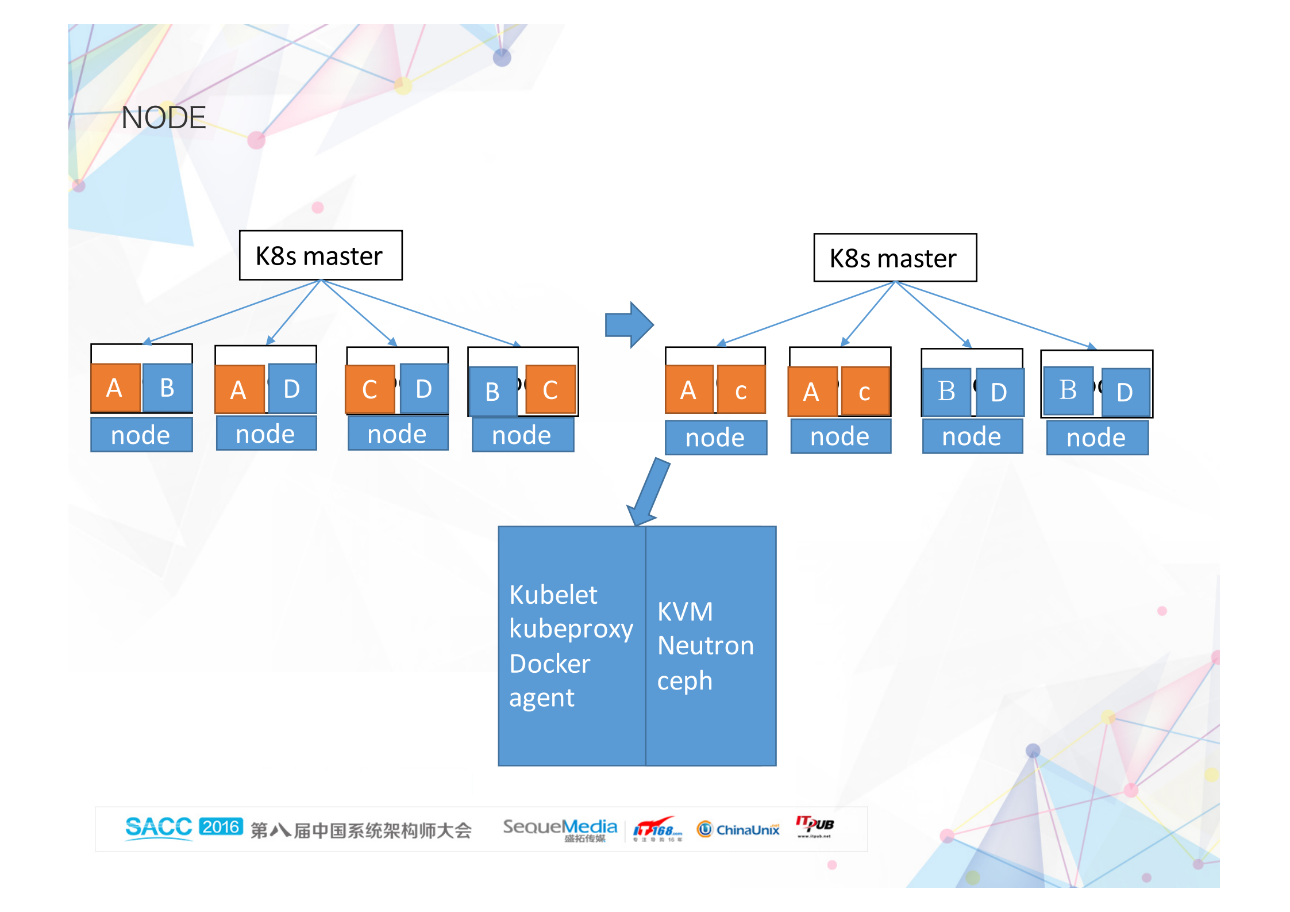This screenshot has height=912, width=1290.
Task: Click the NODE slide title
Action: [x=163, y=117]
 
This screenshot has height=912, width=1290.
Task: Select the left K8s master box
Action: [x=320, y=255]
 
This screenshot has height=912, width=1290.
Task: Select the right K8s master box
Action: [x=895, y=258]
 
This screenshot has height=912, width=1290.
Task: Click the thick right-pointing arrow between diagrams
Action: [x=629, y=325]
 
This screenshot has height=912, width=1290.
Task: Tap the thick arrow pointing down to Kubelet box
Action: [x=649, y=492]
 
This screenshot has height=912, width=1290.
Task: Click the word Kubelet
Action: [x=553, y=595]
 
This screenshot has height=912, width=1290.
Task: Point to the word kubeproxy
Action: [x=571, y=629]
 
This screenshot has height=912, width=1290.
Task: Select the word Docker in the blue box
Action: [x=549, y=664]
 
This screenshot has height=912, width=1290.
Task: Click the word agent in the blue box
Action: [x=541, y=698]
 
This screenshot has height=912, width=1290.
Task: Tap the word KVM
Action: [x=685, y=611]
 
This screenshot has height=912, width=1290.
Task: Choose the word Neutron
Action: [x=705, y=646]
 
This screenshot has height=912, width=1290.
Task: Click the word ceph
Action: [x=684, y=681]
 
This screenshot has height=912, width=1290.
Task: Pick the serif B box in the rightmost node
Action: [x=1068, y=390]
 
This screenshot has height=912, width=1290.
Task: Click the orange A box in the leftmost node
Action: [x=115, y=388]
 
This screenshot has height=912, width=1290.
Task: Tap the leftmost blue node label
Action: [x=141, y=435]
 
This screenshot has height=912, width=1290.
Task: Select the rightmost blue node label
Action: [x=1096, y=438]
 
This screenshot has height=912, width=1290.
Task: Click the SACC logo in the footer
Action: [x=159, y=827]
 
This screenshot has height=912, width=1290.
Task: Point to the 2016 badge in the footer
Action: [x=221, y=827]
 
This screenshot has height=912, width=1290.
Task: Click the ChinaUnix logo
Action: [x=738, y=829]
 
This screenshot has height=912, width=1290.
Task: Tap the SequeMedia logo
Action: [x=560, y=828]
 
